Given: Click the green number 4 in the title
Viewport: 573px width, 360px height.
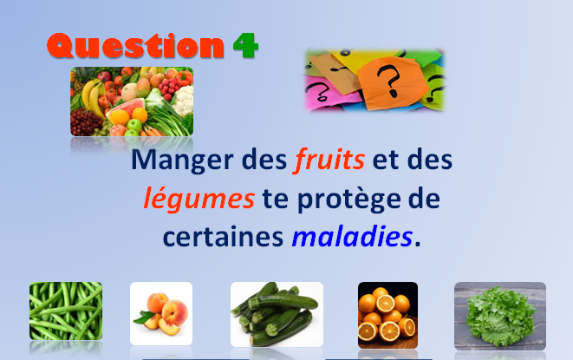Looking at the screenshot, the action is [245, 45].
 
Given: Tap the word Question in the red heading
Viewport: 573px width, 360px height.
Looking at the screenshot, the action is [135, 45].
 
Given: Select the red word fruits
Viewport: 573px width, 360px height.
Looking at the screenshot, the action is [329, 160].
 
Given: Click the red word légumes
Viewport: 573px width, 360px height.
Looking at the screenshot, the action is [199, 198].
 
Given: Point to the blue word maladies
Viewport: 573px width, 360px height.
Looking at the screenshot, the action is [352, 236].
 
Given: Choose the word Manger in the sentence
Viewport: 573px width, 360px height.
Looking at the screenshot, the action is [182, 160].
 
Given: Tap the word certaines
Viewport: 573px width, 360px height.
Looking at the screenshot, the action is [223, 237].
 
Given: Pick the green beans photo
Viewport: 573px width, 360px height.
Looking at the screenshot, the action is [66, 311].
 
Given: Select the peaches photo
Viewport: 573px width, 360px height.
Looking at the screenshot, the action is [161, 313].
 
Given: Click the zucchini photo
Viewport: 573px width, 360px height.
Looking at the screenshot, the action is [277, 314].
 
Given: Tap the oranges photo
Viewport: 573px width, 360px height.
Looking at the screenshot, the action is [387, 315].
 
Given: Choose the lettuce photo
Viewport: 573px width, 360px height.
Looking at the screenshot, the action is [500, 316].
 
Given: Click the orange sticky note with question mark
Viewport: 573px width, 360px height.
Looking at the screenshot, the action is [392, 82].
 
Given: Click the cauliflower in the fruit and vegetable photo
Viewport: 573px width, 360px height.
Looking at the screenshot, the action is [183, 100].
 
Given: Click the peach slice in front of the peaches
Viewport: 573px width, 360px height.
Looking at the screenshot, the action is [168, 327].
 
